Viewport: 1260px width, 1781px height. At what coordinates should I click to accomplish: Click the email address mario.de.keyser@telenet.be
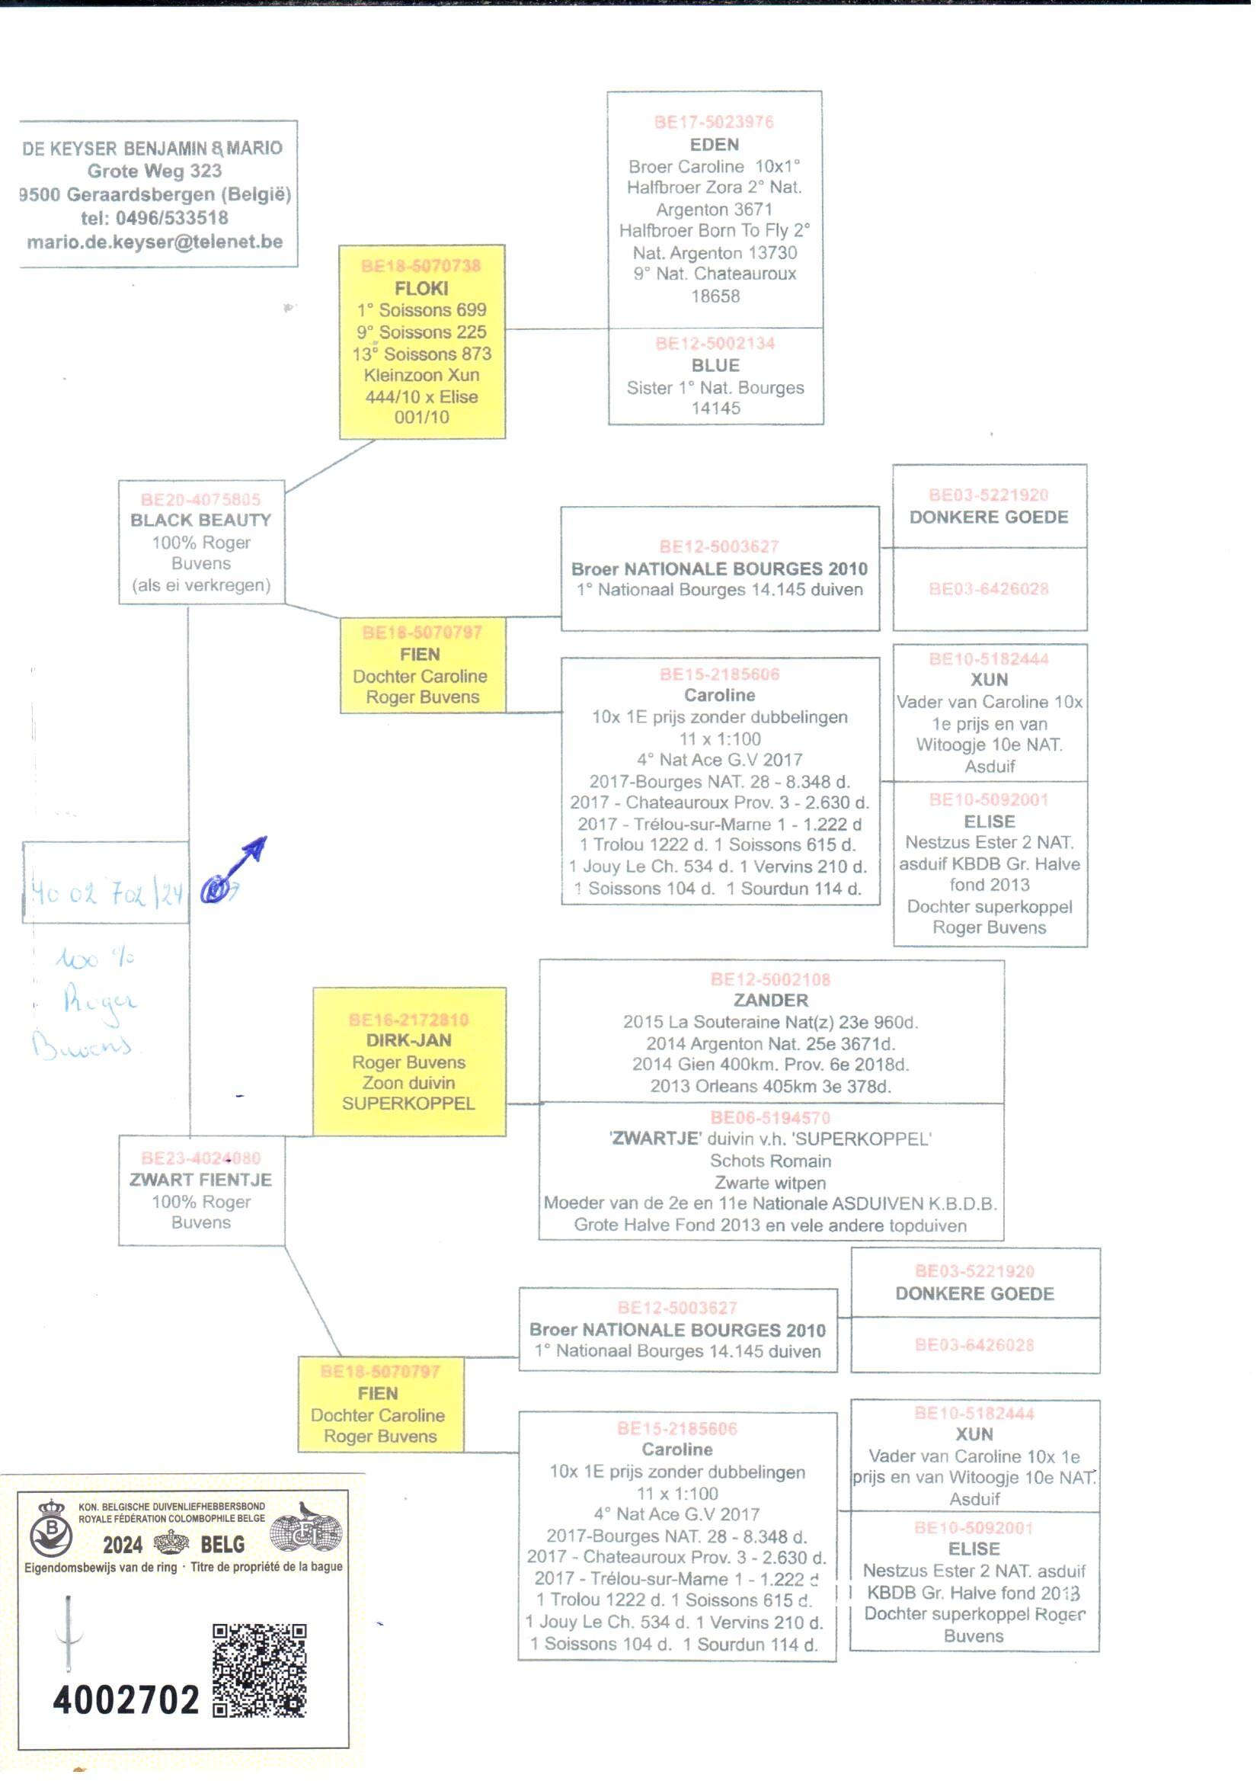click(x=155, y=242)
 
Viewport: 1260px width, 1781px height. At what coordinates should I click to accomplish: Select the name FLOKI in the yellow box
click(x=421, y=289)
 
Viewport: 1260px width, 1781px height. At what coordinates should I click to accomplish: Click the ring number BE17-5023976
click(x=714, y=122)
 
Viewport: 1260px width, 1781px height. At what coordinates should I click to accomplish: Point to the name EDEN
click(x=715, y=144)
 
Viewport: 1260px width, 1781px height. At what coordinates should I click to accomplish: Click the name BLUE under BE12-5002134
click(x=715, y=366)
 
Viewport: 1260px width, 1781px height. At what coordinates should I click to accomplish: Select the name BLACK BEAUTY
click(x=201, y=520)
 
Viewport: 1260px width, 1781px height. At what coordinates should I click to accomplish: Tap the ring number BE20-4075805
click(x=201, y=500)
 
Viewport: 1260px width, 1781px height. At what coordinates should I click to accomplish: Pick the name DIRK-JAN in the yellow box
click(x=409, y=1041)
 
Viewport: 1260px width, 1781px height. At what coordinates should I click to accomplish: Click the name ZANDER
click(x=770, y=1001)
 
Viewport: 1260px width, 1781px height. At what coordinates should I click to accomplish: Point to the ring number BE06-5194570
click(x=770, y=1118)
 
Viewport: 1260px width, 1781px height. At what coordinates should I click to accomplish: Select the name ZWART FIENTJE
click(x=201, y=1180)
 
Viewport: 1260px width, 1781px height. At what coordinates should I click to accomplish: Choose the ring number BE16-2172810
click(x=409, y=1020)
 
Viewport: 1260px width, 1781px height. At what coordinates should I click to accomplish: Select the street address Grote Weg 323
click(x=155, y=171)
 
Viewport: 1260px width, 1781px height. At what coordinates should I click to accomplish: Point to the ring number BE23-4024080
click(x=201, y=1158)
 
